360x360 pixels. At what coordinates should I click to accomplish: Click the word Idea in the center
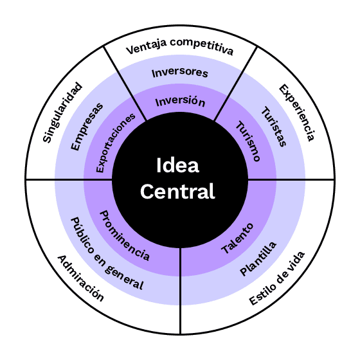coord(177,165)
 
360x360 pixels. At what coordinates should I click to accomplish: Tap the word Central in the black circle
coord(177,192)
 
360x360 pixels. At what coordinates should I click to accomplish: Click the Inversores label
coord(180,73)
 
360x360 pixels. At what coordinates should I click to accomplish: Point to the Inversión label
coord(180,102)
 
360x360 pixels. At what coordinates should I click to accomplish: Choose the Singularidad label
coord(62,113)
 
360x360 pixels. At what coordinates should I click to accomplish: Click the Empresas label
coord(87,127)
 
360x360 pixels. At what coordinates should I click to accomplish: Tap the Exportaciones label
coord(115,143)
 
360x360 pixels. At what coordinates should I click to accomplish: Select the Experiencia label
coord(296,113)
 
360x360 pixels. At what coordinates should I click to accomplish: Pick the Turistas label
coord(274,127)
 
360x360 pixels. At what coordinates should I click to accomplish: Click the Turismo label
coord(248,141)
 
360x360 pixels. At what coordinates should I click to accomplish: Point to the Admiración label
coord(80,278)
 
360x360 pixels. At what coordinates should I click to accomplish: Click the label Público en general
coord(107,253)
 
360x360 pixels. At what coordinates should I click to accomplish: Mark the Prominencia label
coord(125,235)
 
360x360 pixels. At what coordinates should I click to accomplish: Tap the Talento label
coord(237,239)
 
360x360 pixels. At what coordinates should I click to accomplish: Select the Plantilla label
coord(258,258)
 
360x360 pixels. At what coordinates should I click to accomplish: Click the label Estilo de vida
coord(277,278)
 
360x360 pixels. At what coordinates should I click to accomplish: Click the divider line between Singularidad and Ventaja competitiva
coord(125,83)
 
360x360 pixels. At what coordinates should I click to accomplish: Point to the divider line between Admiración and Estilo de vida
coord(181,291)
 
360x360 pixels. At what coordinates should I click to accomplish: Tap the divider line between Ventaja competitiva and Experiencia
coord(235,84)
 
